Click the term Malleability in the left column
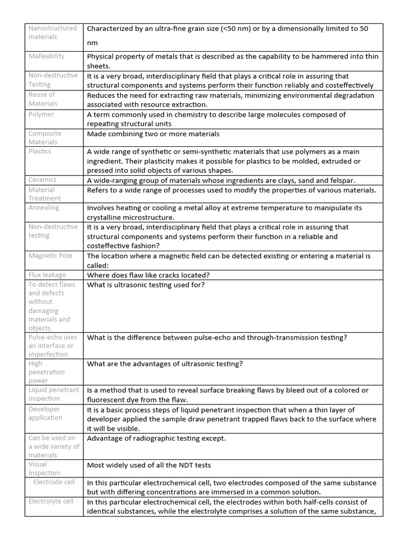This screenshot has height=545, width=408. (x=46, y=56)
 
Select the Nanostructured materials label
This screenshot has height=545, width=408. (x=53, y=32)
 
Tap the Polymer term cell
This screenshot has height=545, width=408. (x=41, y=114)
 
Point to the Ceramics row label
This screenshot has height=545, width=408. (x=42, y=180)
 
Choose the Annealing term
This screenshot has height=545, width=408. (x=44, y=208)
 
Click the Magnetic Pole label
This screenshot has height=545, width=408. (x=50, y=256)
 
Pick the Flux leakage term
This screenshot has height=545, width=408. (x=47, y=275)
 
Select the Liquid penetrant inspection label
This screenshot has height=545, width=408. (x=54, y=394)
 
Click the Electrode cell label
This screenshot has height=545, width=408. (x=54, y=482)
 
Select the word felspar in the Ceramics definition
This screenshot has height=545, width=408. (x=339, y=180)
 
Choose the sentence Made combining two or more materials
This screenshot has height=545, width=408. (x=153, y=134)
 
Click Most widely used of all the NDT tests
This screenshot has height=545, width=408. (x=149, y=465)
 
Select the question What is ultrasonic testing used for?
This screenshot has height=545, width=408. (x=146, y=285)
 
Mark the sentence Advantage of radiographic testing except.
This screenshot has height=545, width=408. (x=156, y=439)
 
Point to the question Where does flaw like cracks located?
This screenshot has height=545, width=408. (x=148, y=275)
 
